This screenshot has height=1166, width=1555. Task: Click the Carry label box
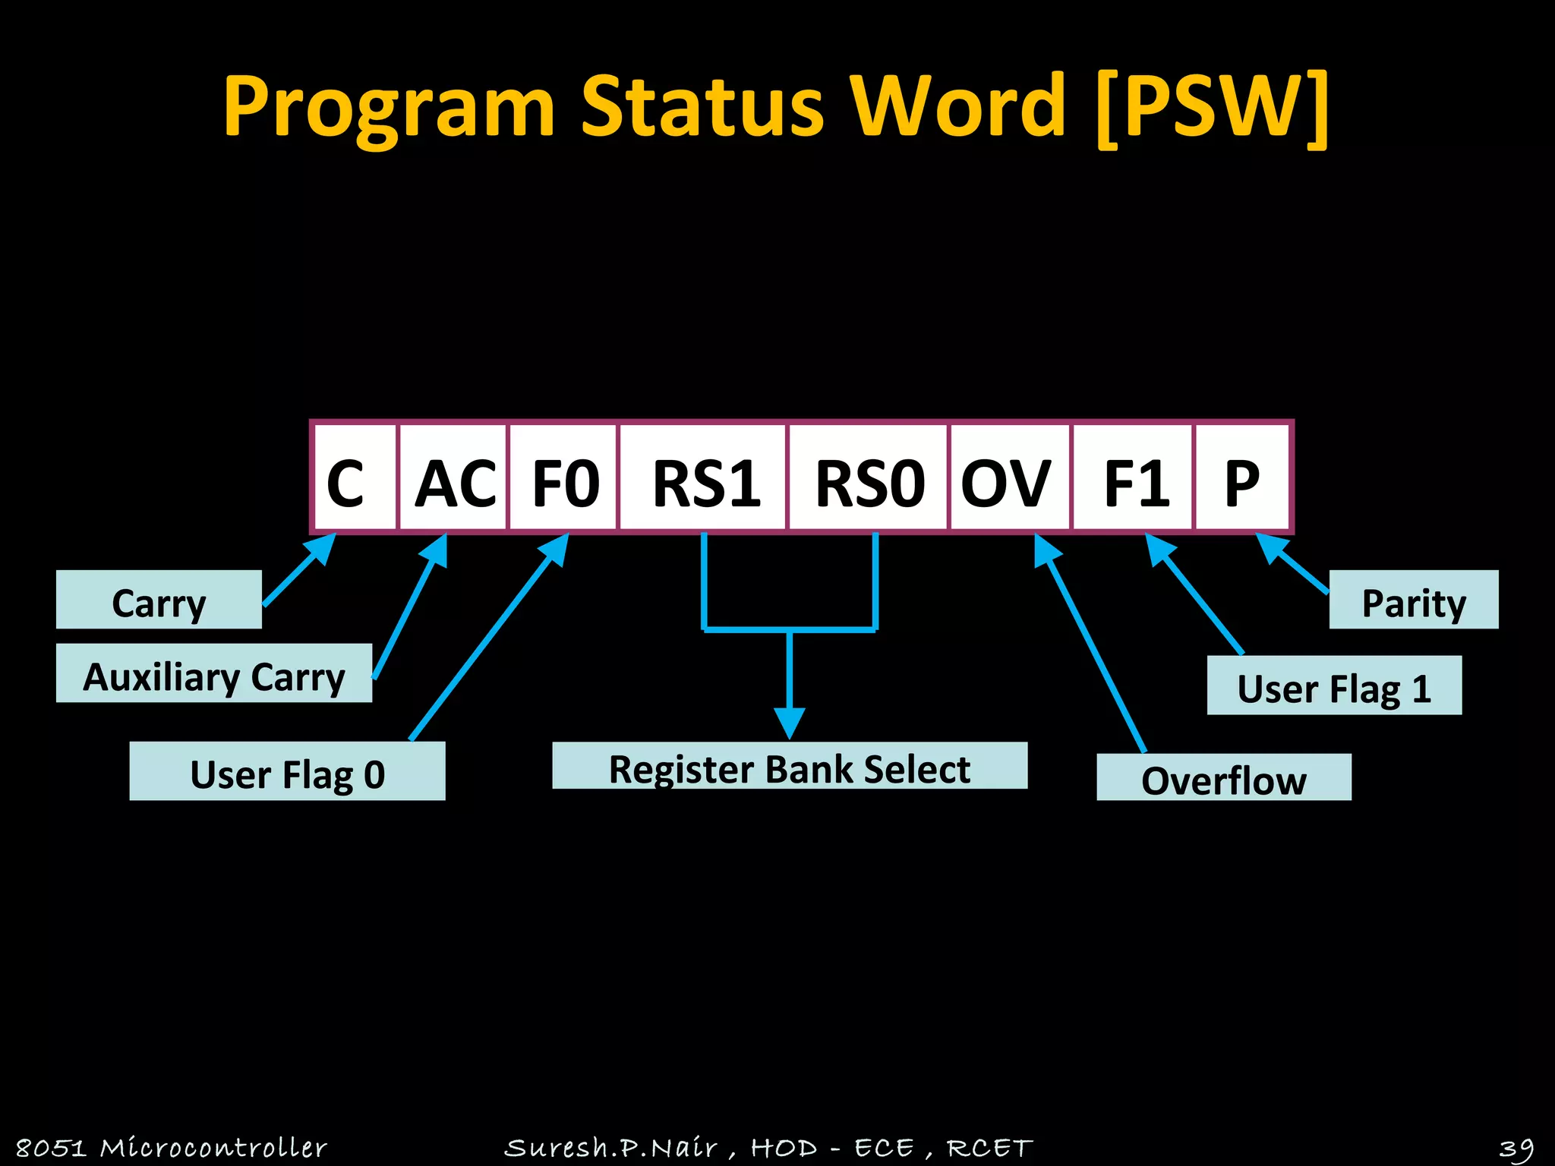(x=159, y=600)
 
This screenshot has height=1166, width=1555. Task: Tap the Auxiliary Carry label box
(x=214, y=673)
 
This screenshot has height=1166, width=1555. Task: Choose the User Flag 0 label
(x=287, y=771)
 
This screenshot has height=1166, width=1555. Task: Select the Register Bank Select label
(x=790, y=766)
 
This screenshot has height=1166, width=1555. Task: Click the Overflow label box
(x=1224, y=777)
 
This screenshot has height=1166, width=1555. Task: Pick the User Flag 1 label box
(x=1334, y=685)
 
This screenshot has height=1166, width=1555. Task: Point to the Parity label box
(x=1414, y=600)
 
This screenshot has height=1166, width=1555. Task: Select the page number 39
(x=1516, y=1147)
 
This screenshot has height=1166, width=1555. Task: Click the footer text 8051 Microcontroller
(x=172, y=1147)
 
